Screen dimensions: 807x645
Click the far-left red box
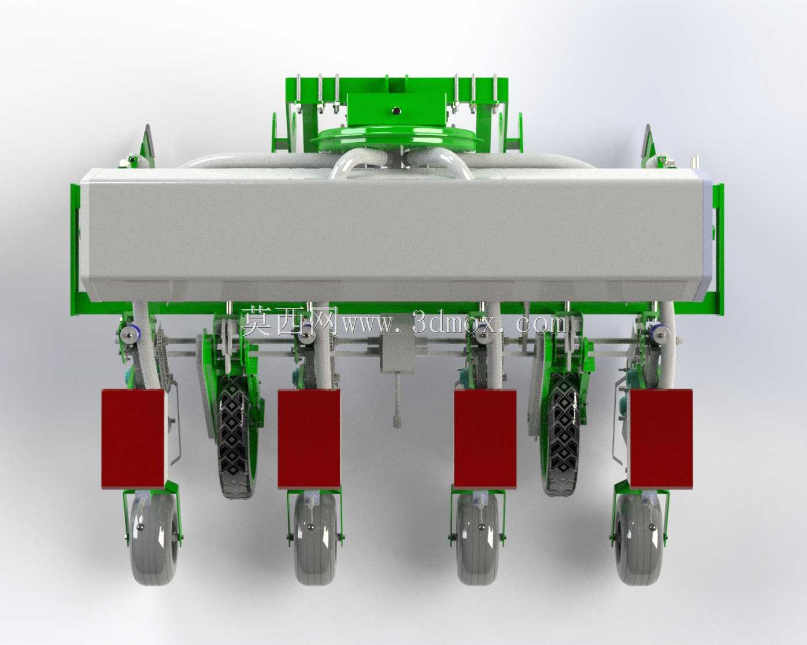(x=133, y=439)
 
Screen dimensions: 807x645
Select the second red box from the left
(x=309, y=439)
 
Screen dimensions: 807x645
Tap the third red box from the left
(x=485, y=439)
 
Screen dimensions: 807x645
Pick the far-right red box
(x=661, y=439)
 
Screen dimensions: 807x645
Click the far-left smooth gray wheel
(x=153, y=540)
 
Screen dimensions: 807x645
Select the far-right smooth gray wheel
(x=639, y=540)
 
